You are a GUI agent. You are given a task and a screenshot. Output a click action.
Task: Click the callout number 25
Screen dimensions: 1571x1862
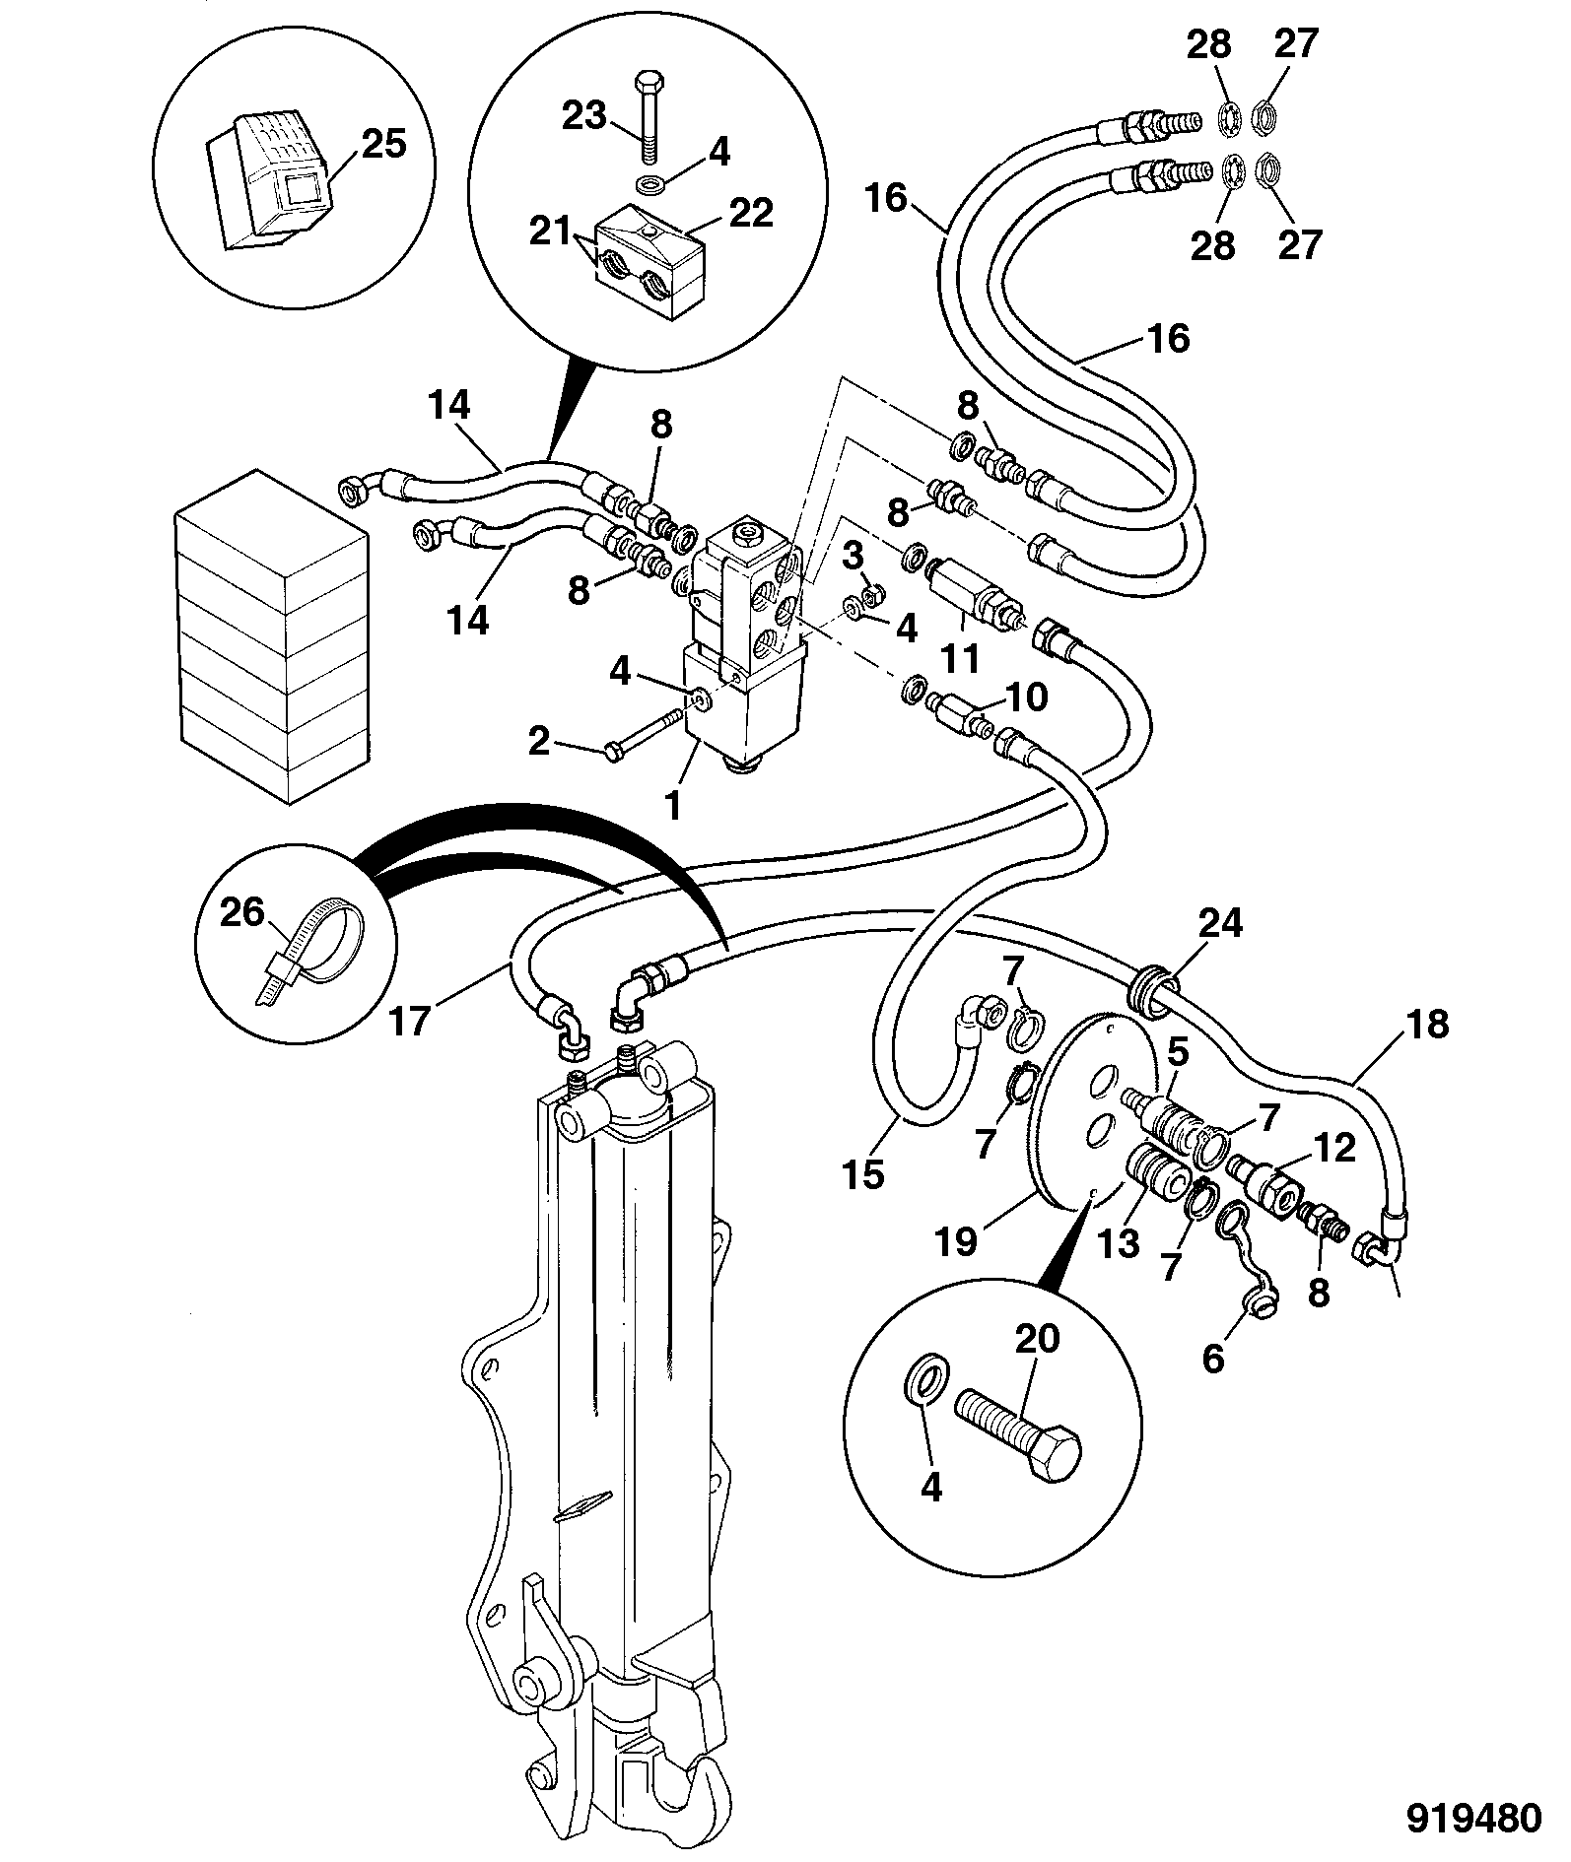click(383, 144)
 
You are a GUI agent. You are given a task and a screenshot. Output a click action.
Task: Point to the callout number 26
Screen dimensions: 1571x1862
click(242, 913)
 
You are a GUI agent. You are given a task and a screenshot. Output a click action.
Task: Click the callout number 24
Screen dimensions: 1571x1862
click(1220, 924)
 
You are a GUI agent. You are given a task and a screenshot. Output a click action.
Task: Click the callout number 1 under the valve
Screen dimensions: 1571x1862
click(673, 806)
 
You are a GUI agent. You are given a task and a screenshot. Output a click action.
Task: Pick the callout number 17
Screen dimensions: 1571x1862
click(410, 1021)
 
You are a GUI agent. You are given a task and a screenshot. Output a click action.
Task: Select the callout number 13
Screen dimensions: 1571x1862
click(1119, 1244)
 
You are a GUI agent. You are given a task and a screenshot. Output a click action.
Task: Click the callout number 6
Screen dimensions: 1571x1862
click(1213, 1360)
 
